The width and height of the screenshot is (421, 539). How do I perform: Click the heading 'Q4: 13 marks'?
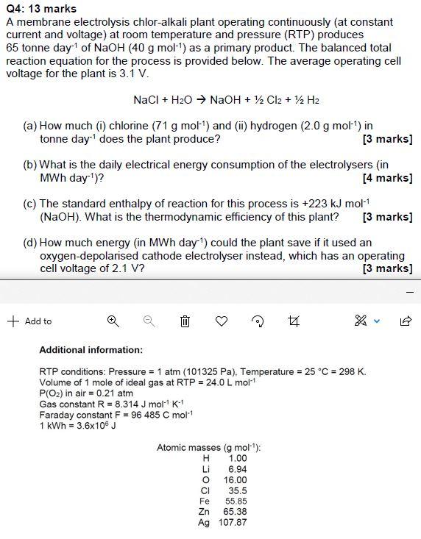(x=41, y=9)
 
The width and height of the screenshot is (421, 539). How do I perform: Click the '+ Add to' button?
(x=30, y=321)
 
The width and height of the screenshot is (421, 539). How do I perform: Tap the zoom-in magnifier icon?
(x=113, y=321)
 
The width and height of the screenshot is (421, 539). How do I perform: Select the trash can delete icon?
(x=185, y=321)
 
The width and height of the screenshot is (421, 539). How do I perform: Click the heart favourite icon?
(x=222, y=321)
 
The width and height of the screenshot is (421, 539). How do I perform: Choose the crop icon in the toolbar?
(x=294, y=321)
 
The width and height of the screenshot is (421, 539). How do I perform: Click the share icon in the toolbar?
(x=405, y=321)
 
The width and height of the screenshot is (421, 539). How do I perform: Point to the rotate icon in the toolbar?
(x=258, y=321)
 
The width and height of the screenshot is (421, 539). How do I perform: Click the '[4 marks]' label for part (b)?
(x=387, y=178)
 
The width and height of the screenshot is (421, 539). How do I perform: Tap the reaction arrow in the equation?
(x=200, y=100)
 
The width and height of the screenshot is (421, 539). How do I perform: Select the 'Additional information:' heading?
(x=91, y=350)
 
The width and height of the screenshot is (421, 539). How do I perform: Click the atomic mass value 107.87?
(x=233, y=522)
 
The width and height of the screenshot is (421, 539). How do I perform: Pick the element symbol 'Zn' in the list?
(x=205, y=511)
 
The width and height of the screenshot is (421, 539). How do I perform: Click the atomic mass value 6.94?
(x=237, y=468)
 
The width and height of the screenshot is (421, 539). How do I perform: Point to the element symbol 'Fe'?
(x=205, y=501)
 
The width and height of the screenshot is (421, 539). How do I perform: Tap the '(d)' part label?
(x=30, y=242)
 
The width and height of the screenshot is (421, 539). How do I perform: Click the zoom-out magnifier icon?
(x=149, y=321)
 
